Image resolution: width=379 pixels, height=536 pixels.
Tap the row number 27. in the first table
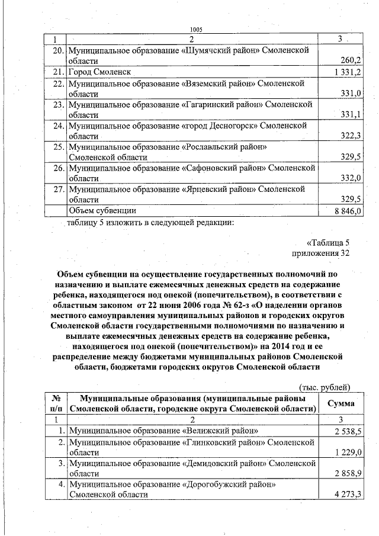[x=58, y=190]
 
